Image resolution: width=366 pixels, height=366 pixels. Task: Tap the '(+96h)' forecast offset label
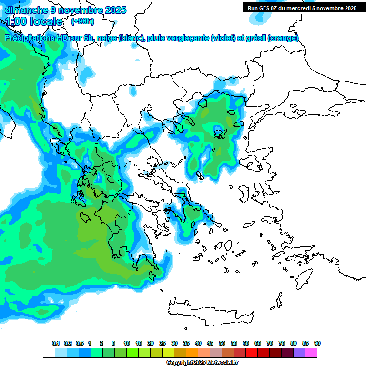click(x=82, y=21)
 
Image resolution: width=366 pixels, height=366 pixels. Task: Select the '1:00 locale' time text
click(x=34, y=21)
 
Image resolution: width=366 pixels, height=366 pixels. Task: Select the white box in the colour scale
click(x=49, y=353)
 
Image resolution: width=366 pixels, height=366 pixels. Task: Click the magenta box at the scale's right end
click(x=311, y=353)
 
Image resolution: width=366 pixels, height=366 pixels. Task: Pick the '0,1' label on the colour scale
click(x=55, y=344)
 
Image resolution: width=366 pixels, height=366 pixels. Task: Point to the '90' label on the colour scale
click(x=317, y=344)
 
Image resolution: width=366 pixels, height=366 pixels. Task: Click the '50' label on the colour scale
click(x=222, y=344)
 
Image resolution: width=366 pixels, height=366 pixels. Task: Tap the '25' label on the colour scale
click(x=163, y=344)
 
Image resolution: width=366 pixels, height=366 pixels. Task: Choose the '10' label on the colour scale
click(x=127, y=344)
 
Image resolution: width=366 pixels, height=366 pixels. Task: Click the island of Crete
click(x=214, y=309)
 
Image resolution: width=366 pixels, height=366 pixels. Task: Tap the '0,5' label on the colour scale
click(x=79, y=344)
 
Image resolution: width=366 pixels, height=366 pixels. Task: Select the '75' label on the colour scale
click(x=282, y=344)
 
